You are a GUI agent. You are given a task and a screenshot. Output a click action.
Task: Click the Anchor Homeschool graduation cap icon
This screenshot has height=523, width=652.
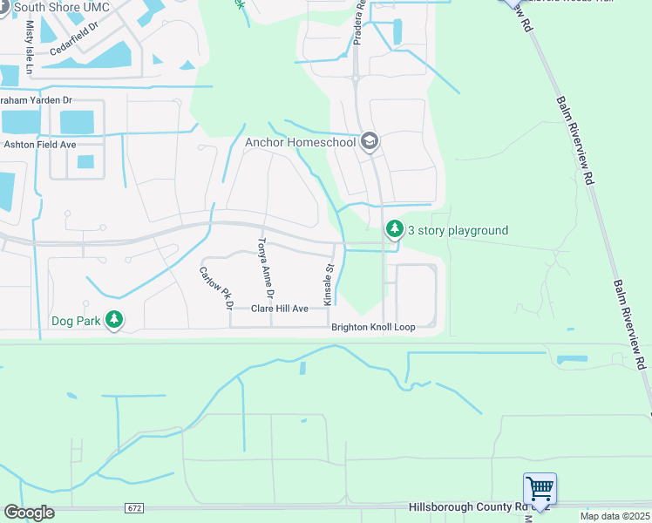click(x=369, y=141)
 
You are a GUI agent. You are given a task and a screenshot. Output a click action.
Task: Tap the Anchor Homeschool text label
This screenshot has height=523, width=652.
click(x=302, y=142)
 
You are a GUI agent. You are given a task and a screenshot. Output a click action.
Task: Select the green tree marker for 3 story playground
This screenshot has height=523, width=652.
click(x=395, y=229)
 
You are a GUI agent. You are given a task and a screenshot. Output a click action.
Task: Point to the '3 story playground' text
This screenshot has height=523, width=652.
click(x=458, y=230)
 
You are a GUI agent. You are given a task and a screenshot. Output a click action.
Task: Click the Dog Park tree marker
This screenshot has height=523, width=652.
click(x=113, y=320)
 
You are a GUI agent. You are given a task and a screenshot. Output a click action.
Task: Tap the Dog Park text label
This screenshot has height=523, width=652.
click(x=76, y=321)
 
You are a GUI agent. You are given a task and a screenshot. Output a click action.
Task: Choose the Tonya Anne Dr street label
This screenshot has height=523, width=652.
click(x=265, y=267)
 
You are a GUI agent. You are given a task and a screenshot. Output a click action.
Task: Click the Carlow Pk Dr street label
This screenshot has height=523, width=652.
click(x=216, y=288)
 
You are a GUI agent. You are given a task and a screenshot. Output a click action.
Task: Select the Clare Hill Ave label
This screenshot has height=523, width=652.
click(x=280, y=309)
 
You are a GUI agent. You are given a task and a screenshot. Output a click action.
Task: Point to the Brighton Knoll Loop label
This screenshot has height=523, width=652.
click(x=373, y=328)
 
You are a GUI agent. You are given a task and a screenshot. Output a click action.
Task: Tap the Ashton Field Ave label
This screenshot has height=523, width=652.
click(x=40, y=145)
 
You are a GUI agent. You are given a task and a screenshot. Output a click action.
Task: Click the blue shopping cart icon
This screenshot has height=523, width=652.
click(x=540, y=487)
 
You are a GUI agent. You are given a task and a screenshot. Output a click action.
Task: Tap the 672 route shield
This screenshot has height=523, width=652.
click(x=133, y=507)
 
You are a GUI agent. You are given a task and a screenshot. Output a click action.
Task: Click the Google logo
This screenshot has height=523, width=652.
click(x=29, y=513)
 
